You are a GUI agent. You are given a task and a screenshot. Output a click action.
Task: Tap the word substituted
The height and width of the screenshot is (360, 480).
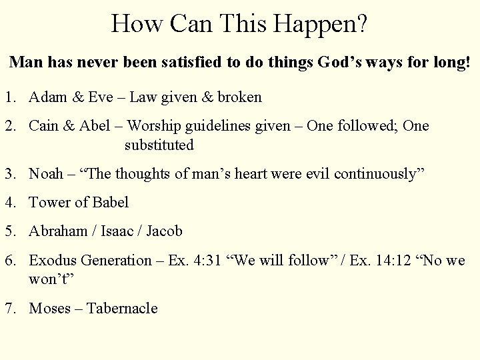click(x=159, y=144)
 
